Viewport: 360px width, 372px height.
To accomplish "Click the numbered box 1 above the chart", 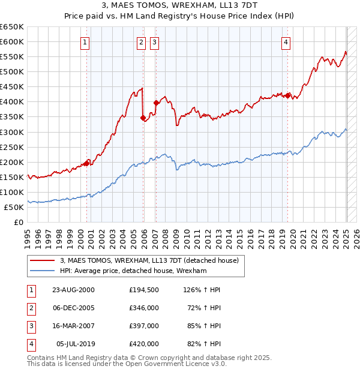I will [86, 42].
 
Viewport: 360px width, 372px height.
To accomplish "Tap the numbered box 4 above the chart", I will [287, 42].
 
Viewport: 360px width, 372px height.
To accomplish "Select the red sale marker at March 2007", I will [156, 103].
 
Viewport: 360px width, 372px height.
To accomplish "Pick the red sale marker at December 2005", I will [143, 118].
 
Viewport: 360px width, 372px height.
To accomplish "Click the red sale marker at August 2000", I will [87, 163].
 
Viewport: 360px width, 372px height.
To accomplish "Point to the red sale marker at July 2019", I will [287, 95].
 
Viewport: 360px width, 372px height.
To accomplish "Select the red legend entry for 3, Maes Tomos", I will [149, 260].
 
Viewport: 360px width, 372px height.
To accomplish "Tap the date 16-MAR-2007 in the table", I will [73, 328].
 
